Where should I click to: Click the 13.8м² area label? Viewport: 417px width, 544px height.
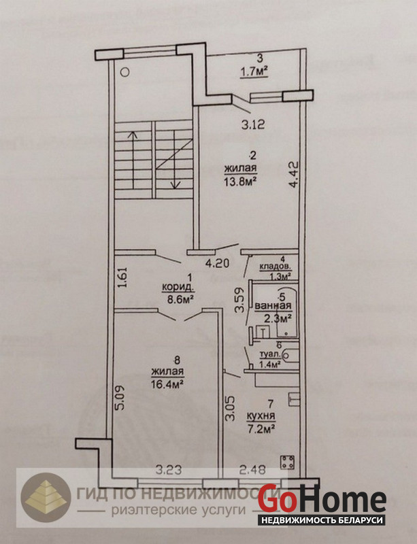[x=241, y=182]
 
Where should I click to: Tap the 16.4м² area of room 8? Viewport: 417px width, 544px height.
[x=167, y=384]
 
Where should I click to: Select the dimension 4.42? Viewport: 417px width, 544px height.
[x=295, y=174]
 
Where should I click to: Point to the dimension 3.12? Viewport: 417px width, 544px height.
[x=254, y=124]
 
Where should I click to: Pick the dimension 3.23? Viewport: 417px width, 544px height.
[x=169, y=470]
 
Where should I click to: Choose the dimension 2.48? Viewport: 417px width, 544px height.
[x=253, y=470]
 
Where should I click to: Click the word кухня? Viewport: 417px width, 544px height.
[x=261, y=415]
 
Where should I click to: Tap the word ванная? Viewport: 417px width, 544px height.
[x=273, y=306]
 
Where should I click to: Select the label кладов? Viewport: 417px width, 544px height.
[x=275, y=267]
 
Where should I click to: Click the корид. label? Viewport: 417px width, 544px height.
[x=178, y=288]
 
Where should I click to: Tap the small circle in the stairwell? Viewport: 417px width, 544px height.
[x=125, y=72]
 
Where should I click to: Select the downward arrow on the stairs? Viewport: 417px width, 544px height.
[x=175, y=160]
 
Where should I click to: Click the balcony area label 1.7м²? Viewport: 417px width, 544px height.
[x=254, y=71]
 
